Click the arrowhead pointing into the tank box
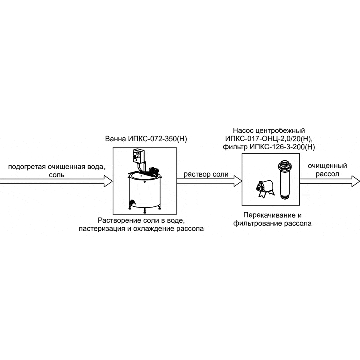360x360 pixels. point(109,181)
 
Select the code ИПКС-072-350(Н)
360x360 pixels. point(156,139)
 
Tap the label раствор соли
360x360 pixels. point(206,174)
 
